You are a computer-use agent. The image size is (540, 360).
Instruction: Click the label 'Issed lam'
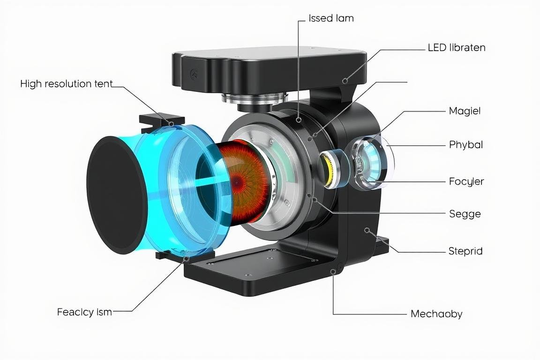[x=331, y=18]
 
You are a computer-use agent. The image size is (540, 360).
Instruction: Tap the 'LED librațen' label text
[x=457, y=47]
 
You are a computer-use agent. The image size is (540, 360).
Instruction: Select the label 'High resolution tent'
[x=67, y=84]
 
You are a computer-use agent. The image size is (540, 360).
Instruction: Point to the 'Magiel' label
[x=465, y=111]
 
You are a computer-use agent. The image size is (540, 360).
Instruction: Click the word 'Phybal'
[x=466, y=144]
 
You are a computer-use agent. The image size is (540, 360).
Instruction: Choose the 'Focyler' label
[x=466, y=181]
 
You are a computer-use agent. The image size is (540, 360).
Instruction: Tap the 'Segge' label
[x=465, y=214]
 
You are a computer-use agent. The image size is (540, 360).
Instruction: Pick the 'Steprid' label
[x=465, y=251]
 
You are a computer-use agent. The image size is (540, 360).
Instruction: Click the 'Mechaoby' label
[x=436, y=314]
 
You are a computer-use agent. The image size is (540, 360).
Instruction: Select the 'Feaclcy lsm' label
[x=84, y=312]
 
